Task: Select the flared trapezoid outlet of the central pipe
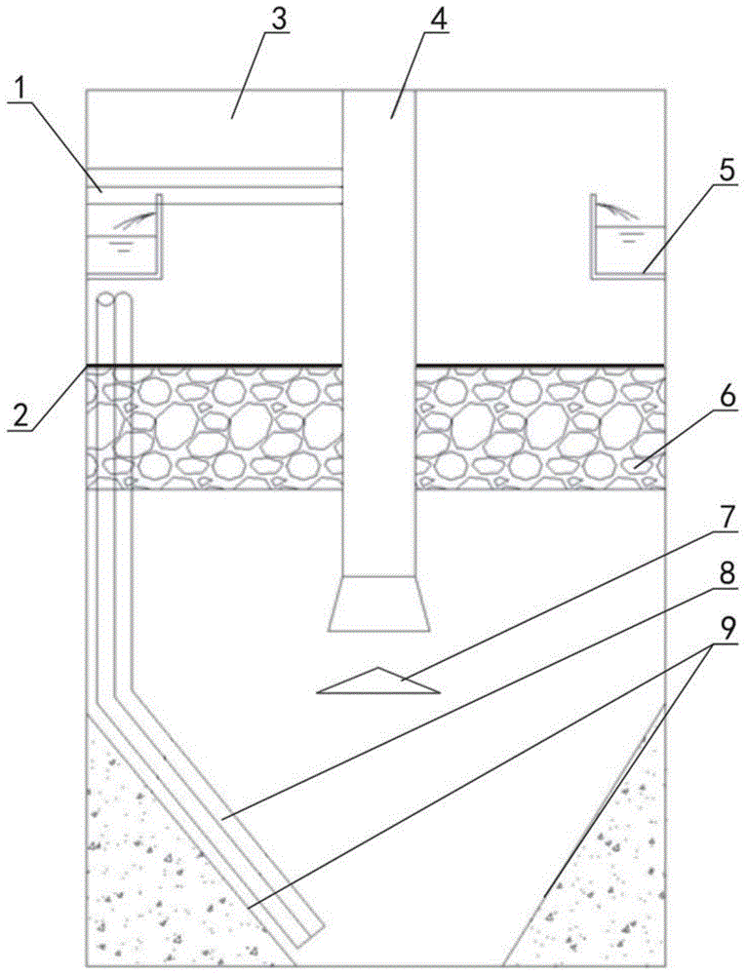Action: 379,604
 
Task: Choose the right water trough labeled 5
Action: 629,249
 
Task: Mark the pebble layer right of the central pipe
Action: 541,429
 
